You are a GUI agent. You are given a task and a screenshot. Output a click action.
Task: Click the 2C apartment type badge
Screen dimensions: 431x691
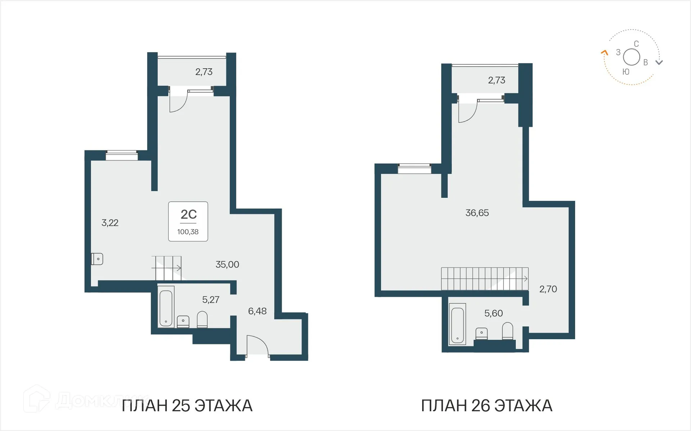tap(188, 215)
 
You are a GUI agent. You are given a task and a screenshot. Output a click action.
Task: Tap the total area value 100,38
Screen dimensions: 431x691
tap(188, 232)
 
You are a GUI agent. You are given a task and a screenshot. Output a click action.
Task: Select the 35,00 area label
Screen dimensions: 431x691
tap(227, 265)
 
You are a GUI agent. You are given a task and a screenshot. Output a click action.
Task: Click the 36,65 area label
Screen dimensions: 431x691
tap(477, 213)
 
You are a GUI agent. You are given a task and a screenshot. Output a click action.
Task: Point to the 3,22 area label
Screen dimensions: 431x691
tap(110, 223)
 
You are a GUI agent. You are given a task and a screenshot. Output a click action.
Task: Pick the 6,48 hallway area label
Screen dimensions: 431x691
tap(257, 311)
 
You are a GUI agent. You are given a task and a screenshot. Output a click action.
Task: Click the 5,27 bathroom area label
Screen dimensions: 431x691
tap(211, 299)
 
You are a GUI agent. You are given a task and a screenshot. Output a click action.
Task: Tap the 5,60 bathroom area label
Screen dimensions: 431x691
tap(493, 313)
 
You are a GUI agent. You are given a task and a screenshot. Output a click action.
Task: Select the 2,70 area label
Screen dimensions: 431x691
tap(548, 289)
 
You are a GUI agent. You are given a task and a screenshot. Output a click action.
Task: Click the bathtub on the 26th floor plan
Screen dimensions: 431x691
tap(457, 325)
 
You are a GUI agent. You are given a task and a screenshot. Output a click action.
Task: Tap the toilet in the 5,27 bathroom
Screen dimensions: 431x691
tap(202, 320)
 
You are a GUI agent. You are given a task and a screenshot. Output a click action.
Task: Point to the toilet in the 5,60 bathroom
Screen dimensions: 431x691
tap(507, 331)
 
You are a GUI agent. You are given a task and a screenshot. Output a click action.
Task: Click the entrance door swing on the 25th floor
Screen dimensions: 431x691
tap(258, 345)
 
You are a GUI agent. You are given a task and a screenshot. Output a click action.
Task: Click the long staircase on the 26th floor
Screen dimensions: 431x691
tap(484, 279)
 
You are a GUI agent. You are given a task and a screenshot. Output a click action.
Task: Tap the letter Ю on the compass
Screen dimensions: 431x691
tap(626, 72)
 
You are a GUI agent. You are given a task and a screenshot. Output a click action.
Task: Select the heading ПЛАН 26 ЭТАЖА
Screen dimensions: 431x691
tap(487, 406)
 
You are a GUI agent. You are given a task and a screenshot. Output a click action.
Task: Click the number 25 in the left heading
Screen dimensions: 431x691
tap(181, 406)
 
